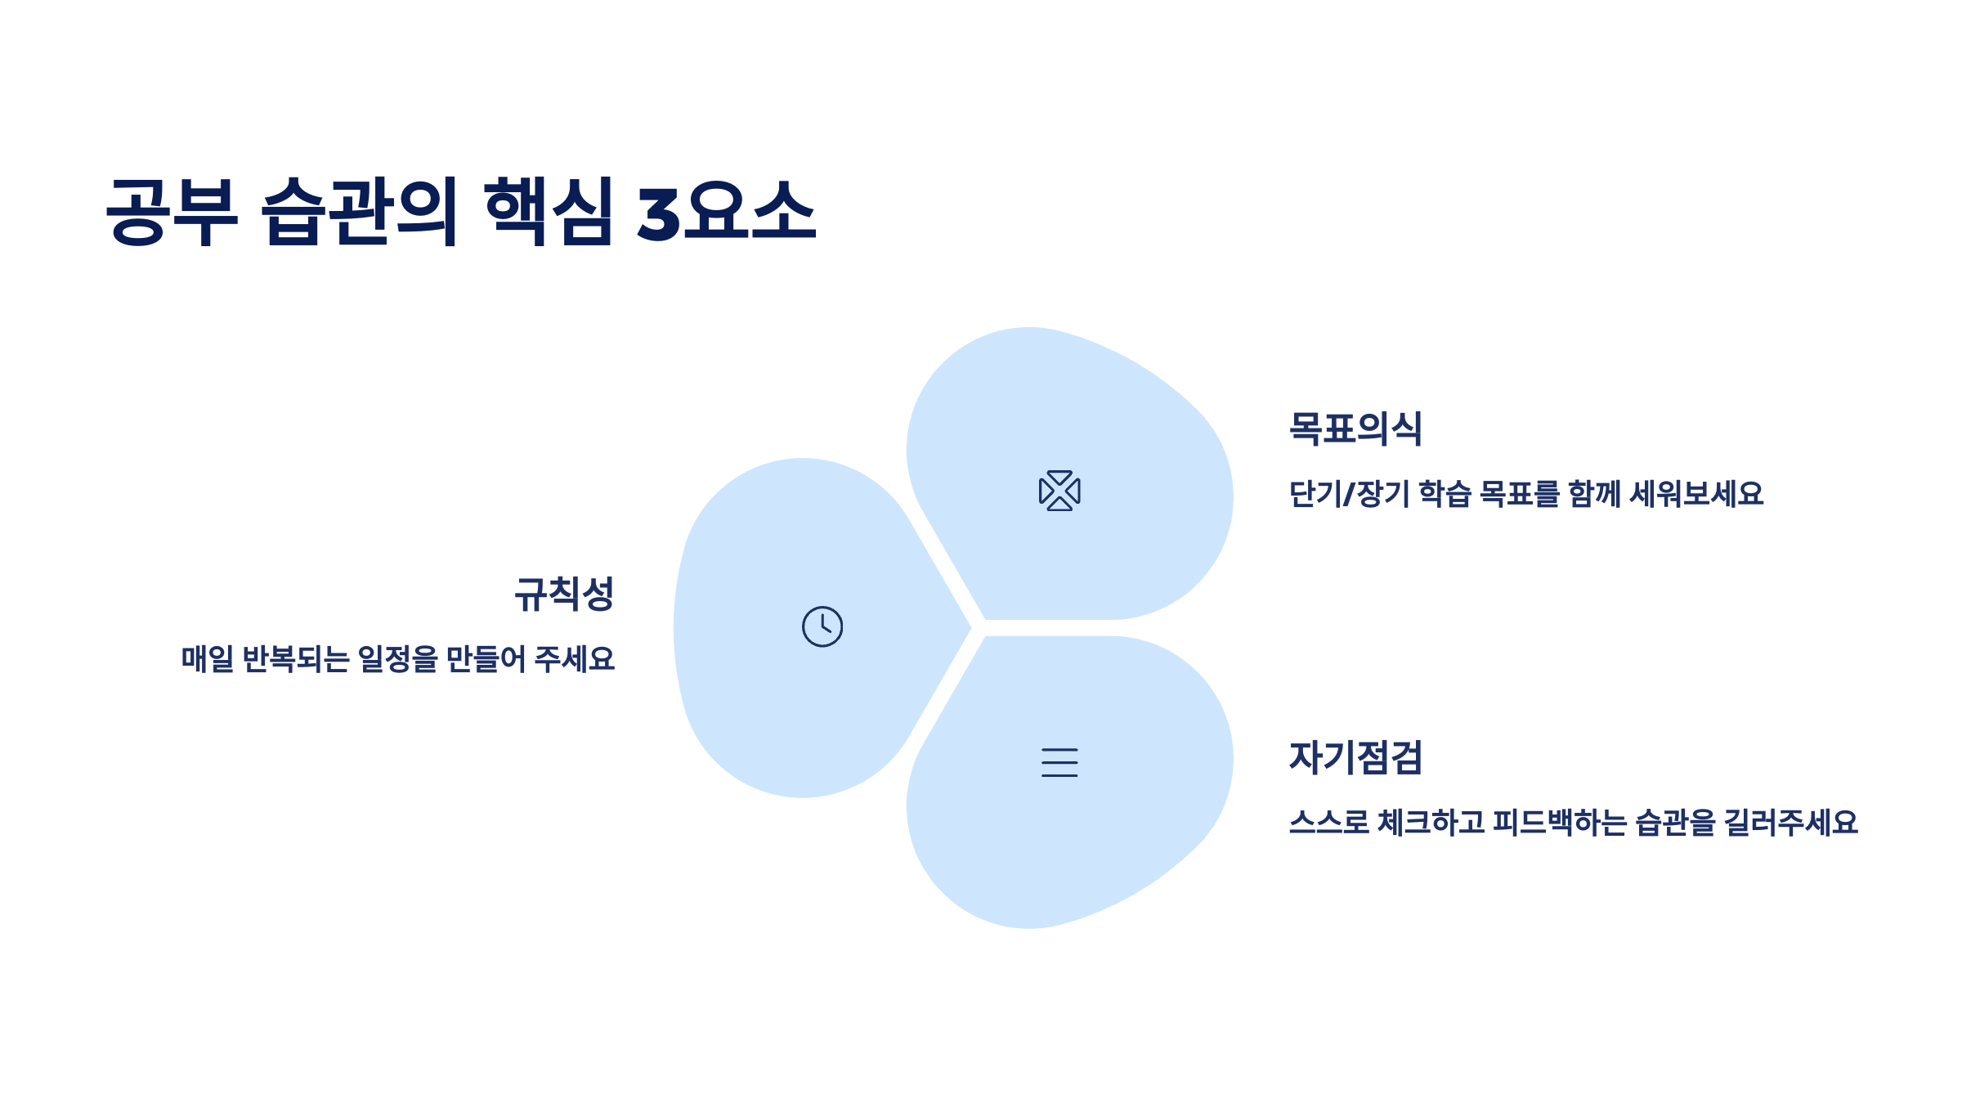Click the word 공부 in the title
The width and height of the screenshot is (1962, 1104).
click(x=172, y=211)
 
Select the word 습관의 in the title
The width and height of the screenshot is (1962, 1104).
click(x=359, y=211)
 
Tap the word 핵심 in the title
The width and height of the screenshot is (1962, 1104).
click(x=549, y=211)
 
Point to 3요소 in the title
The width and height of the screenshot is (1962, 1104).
click(x=726, y=211)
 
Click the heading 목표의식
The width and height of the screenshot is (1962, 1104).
click(x=1355, y=429)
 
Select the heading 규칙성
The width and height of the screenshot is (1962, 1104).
click(x=564, y=594)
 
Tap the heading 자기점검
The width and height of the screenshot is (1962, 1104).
click(x=1355, y=757)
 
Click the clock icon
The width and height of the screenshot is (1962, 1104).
click(x=822, y=626)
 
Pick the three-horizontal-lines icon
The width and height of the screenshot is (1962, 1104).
click(x=1059, y=762)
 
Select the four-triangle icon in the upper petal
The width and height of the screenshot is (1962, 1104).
click(x=1059, y=491)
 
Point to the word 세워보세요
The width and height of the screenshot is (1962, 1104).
click(x=1696, y=494)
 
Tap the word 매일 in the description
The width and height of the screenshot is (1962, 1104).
click(x=208, y=659)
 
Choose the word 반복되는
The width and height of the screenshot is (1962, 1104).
click(x=296, y=659)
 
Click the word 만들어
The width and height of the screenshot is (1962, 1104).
click(x=486, y=659)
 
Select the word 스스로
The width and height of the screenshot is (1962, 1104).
click(x=1328, y=823)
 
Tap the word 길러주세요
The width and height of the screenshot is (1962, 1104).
click(x=1790, y=823)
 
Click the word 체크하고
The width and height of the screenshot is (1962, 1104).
click(x=1431, y=823)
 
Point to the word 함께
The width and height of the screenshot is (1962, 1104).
click(x=1594, y=494)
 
